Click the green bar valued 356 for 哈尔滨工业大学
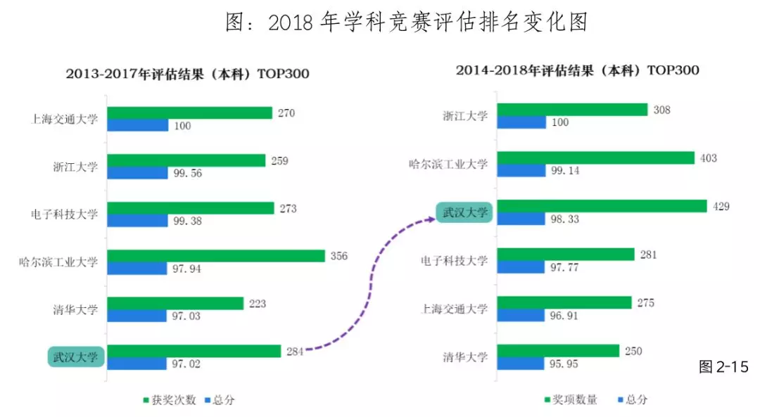point(216,256)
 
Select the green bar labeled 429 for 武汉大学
point(602,206)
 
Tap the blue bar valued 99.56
point(137,173)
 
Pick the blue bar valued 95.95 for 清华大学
point(521,364)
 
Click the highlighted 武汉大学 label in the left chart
point(76,357)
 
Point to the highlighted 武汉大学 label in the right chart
point(464,212)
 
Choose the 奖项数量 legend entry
point(571,399)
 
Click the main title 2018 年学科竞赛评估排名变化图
point(407,23)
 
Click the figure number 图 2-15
point(723,366)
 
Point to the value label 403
point(708,158)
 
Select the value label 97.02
point(186,364)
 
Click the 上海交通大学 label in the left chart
point(65,120)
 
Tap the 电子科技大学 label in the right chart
point(455,260)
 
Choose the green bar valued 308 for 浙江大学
point(572,110)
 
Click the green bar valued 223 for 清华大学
point(176,303)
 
